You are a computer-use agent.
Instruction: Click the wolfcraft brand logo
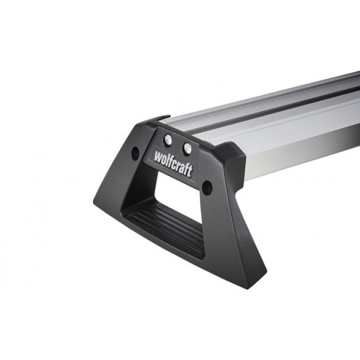point(173,163)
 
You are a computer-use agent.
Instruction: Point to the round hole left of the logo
point(135,153)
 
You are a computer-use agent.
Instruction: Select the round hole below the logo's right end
point(207,188)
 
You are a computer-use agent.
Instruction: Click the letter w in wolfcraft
point(158,157)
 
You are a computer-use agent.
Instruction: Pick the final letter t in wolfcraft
point(190,171)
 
